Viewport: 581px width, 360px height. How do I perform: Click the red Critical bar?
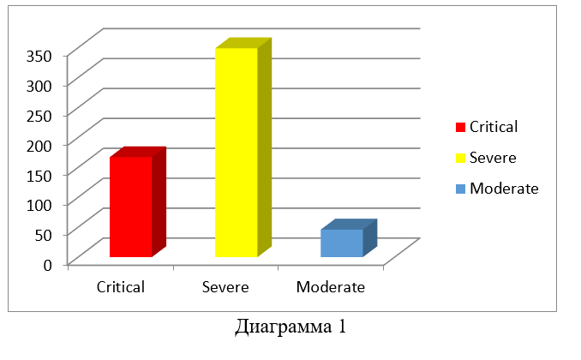coord(131,207)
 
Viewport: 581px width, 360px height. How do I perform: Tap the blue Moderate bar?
coord(342,243)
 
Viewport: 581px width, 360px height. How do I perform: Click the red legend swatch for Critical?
coord(460,128)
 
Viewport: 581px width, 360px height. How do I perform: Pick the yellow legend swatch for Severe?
coord(460,159)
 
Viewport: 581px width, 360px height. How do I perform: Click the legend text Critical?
coord(494,127)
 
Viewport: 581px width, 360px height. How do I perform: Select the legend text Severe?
coord(492,158)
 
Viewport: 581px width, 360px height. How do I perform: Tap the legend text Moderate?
coord(504,189)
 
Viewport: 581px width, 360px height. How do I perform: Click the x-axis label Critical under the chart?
coord(121,287)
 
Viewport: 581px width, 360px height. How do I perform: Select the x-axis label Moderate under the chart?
coord(331,287)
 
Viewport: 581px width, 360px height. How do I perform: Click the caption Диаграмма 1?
coord(290,327)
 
